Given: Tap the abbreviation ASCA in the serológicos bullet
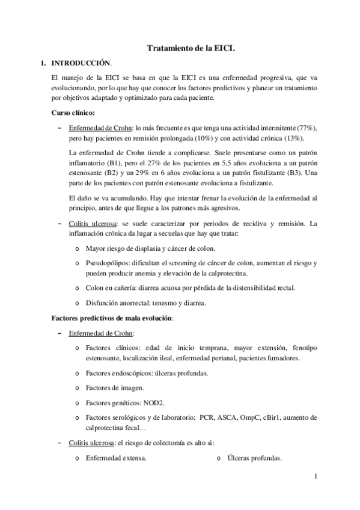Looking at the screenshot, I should [228, 417].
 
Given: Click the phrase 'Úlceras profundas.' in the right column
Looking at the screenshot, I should [254, 458].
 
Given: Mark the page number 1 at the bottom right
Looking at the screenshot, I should [314, 478].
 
